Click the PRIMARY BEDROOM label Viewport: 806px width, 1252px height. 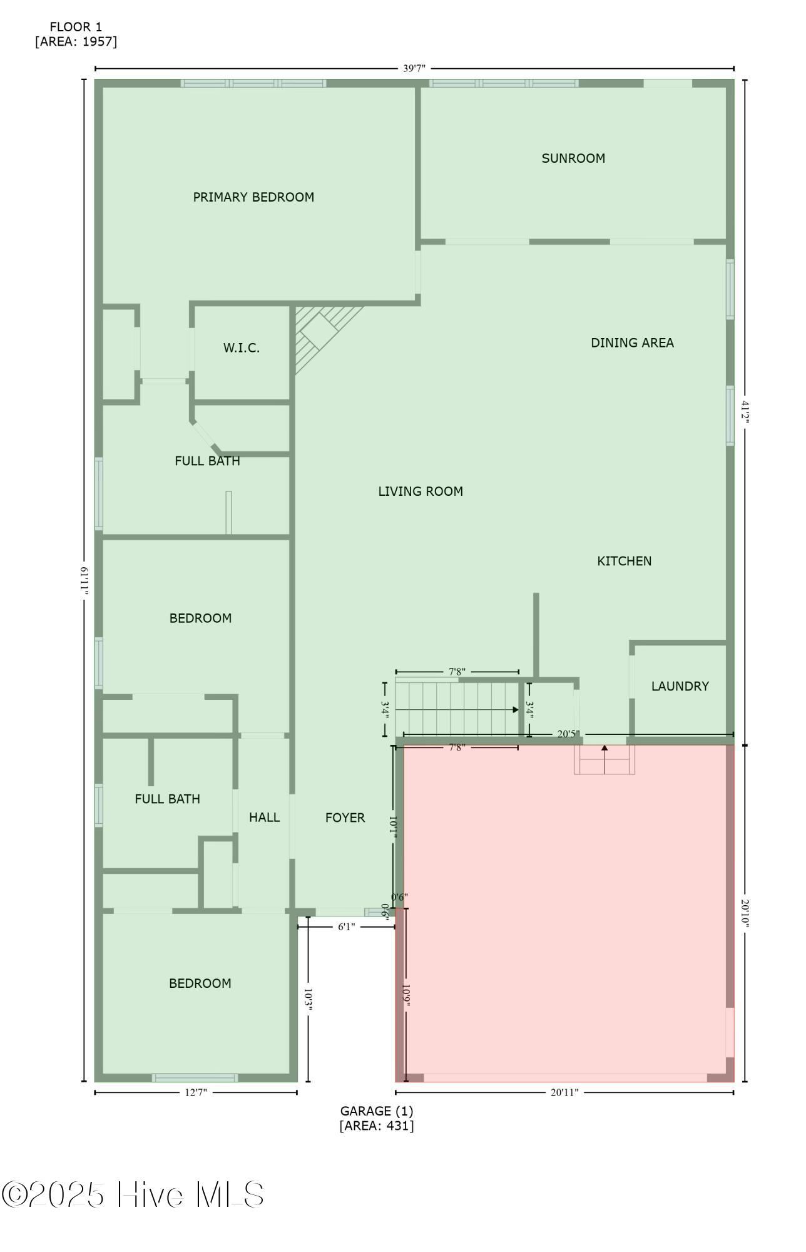[x=253, y=197]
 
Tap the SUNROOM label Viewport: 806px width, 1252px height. [x=573, y=158]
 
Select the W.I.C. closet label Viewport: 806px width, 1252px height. [x=242, y=348]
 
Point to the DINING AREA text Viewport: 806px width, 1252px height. [x=632, y=342]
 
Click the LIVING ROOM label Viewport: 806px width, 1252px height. [x=421, y=491]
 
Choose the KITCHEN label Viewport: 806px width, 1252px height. [x=624, y=561]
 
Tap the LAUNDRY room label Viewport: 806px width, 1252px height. [x=680, y=686]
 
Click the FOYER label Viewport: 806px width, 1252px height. [x=345, y=818]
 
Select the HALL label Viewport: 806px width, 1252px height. [x=264, y=817]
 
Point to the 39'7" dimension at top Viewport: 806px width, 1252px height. [x=414, y=68]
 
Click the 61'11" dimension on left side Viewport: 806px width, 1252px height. [x=84, y=582]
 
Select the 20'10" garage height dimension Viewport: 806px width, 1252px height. [x=745, y=913]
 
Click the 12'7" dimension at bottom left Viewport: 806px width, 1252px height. [x=196, y=1092]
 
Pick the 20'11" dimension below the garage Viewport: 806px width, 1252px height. [x=564, y=1092]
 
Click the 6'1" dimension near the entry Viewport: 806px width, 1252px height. [x=347, y=926]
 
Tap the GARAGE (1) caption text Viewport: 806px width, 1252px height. [x=377, y=1111]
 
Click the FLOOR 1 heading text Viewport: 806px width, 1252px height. [x=76, y=27]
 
